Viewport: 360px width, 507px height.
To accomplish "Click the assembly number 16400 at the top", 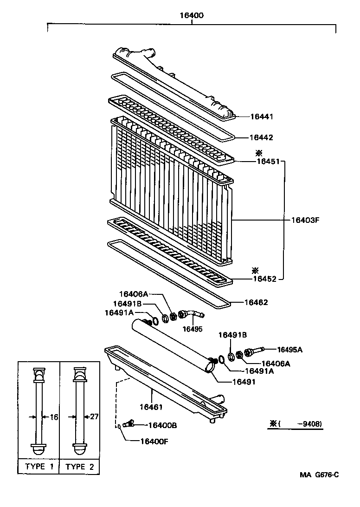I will [x=192, y=15].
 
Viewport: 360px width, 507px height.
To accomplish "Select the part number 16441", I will [x=262, y=117].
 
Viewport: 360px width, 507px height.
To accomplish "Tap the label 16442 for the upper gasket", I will [x=262, y=138].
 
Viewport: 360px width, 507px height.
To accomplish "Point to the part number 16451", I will [x=268, y=162].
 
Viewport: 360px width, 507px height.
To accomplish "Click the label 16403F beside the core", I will [x=306, y=220].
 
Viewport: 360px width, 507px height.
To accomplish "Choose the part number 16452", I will [x=265, y=279].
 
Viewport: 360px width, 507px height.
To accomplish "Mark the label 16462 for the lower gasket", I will [x=257, y=302].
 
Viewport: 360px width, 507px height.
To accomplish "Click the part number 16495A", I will [x=289, y=350].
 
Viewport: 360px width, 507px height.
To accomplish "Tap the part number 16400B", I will [x=163, y=425].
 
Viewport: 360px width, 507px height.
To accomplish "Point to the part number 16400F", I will [x=154, y=441].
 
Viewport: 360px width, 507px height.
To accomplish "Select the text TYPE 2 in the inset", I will [x=80, y=467].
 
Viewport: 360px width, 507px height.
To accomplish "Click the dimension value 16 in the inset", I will [x=54, y=417].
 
